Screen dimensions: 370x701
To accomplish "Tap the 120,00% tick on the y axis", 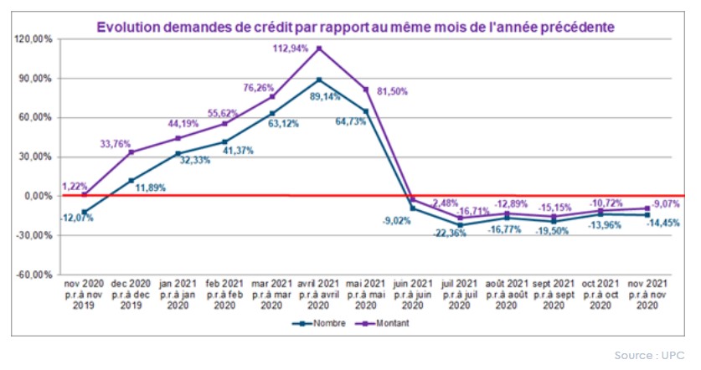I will [x=34, y=39].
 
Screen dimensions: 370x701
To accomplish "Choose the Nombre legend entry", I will [x=312, y=321].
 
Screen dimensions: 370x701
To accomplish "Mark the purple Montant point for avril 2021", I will [x=319, y=48].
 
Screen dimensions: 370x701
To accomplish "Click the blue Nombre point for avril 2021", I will [x=319, y=80].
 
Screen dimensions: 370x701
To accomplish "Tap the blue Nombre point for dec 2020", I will [x=131, y=180].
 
